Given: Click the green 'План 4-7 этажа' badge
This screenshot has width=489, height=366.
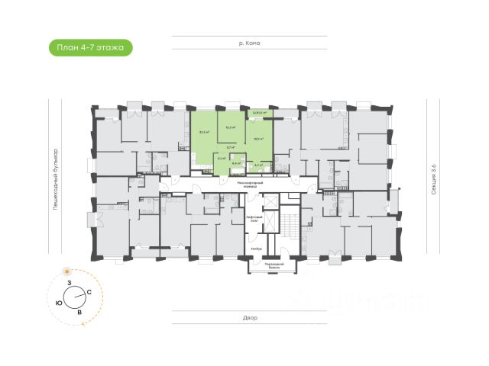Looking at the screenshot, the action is (x=90, y=48).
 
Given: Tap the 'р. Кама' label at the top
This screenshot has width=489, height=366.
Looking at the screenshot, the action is (x=250, y=43).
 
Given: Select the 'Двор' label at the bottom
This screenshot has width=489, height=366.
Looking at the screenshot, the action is (x=250, y=319).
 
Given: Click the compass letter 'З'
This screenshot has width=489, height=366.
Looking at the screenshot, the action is (x=70, y=283).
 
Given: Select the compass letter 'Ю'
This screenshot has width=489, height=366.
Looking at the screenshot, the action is (x=59, y=303).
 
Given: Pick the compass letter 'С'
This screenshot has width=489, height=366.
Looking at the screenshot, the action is (x=89, y=292).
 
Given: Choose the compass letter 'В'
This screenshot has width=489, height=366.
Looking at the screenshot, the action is (x=79, y=311).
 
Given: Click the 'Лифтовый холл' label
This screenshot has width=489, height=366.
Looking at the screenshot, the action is (x=254, y=219).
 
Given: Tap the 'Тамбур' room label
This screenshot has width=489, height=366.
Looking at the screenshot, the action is (x=257, y=249).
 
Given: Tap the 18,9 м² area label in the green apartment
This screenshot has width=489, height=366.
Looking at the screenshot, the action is (x=258, y=139).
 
